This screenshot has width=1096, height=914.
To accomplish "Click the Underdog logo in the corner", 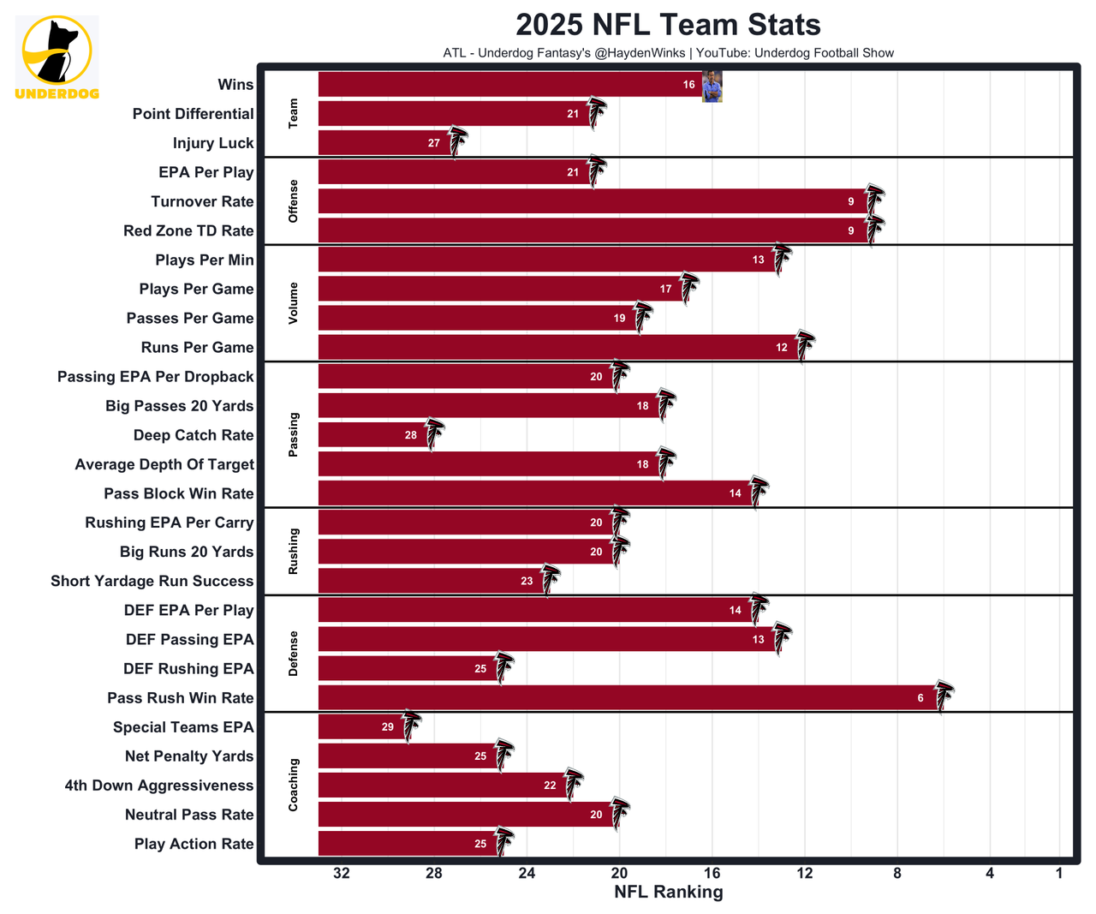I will (57, 57).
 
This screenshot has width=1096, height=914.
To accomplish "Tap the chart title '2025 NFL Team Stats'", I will (668, 25).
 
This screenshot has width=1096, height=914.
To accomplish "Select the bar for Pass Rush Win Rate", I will (629, 698).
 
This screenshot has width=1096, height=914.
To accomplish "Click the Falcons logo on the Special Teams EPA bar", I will (411, 726).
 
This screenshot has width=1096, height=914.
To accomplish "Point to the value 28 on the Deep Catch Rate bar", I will (411, 435).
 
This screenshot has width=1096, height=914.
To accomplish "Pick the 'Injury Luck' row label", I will (213, 143).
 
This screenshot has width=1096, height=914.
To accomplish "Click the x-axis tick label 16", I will (712, 873).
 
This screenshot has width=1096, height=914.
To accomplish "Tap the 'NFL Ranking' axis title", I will (668, 892).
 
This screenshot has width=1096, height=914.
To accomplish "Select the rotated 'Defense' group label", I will (294, 654).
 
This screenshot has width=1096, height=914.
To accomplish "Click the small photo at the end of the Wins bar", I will (712, 86).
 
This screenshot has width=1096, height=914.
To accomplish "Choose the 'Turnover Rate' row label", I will (202, 201).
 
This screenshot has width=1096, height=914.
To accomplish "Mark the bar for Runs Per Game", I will (557, 348).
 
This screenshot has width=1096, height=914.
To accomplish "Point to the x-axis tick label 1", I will (1059, 873).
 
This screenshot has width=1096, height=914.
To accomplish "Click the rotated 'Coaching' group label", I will (294, 785).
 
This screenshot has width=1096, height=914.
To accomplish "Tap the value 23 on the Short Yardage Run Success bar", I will (527, 581).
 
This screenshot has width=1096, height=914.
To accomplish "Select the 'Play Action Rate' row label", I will (194, 844).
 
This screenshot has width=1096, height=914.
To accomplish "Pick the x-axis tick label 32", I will (342, 873).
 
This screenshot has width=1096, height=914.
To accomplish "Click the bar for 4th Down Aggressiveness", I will (441, 786).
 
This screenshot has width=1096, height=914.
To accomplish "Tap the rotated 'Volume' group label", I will (294, 303).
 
